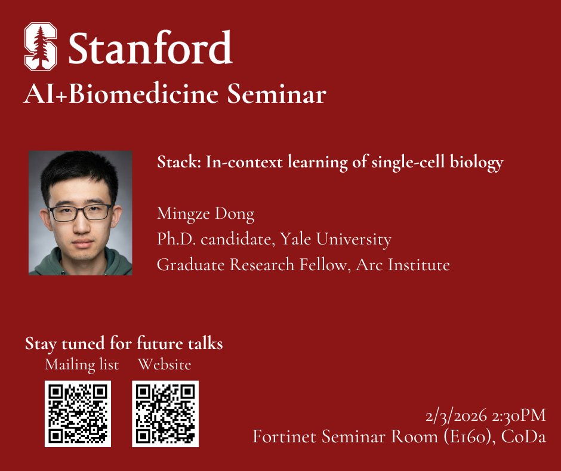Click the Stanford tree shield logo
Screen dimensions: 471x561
pyautogui.click(x=41, y=46)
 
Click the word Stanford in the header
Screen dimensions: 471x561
pyautogui.click(x=149, y=47)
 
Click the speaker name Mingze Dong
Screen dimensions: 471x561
pyautogui.click(x=205, y=213)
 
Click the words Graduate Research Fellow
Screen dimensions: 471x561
pyautogui.click(x=251, y=264)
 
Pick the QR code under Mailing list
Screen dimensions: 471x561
pyautogui.click(x=78, y=414)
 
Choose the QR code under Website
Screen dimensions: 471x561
pyautogui.click(x=165, y=414)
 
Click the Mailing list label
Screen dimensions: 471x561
pyautogui.click(x=82, y=364)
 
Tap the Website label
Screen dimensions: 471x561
pyautogui.click(x=164, y=364)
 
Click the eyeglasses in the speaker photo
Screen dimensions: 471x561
pyautogui.click(x=80, y=212)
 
